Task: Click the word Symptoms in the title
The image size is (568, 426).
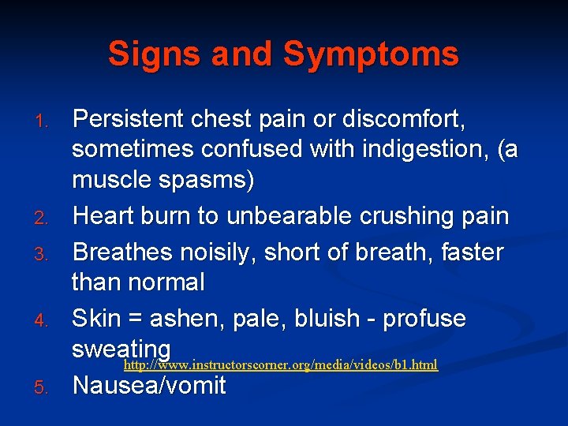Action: pyautogui.click(x=371, y=54)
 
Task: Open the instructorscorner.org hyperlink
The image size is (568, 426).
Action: pyautogui.click(x=281, y=366)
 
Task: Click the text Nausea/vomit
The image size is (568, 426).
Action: pyautogui.click(x=149, y=386)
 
